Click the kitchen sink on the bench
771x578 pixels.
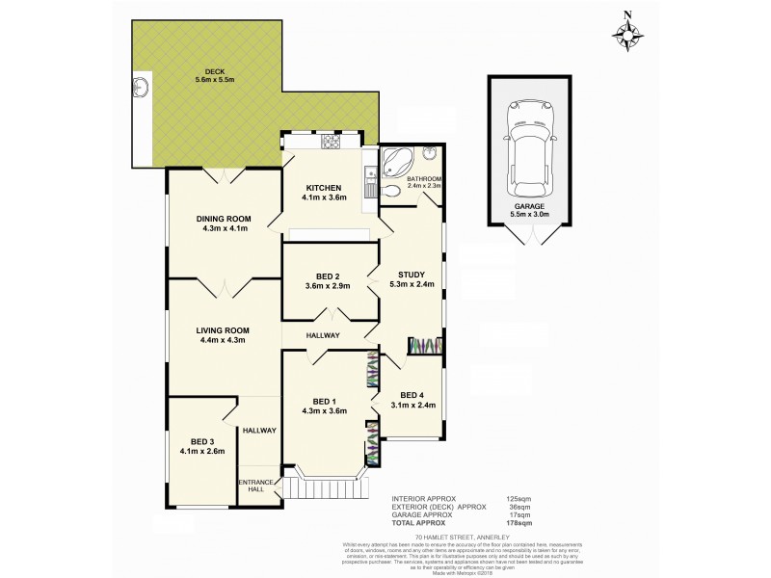(x=369, y=177)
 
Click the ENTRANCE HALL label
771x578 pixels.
(x=254, y=487)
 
